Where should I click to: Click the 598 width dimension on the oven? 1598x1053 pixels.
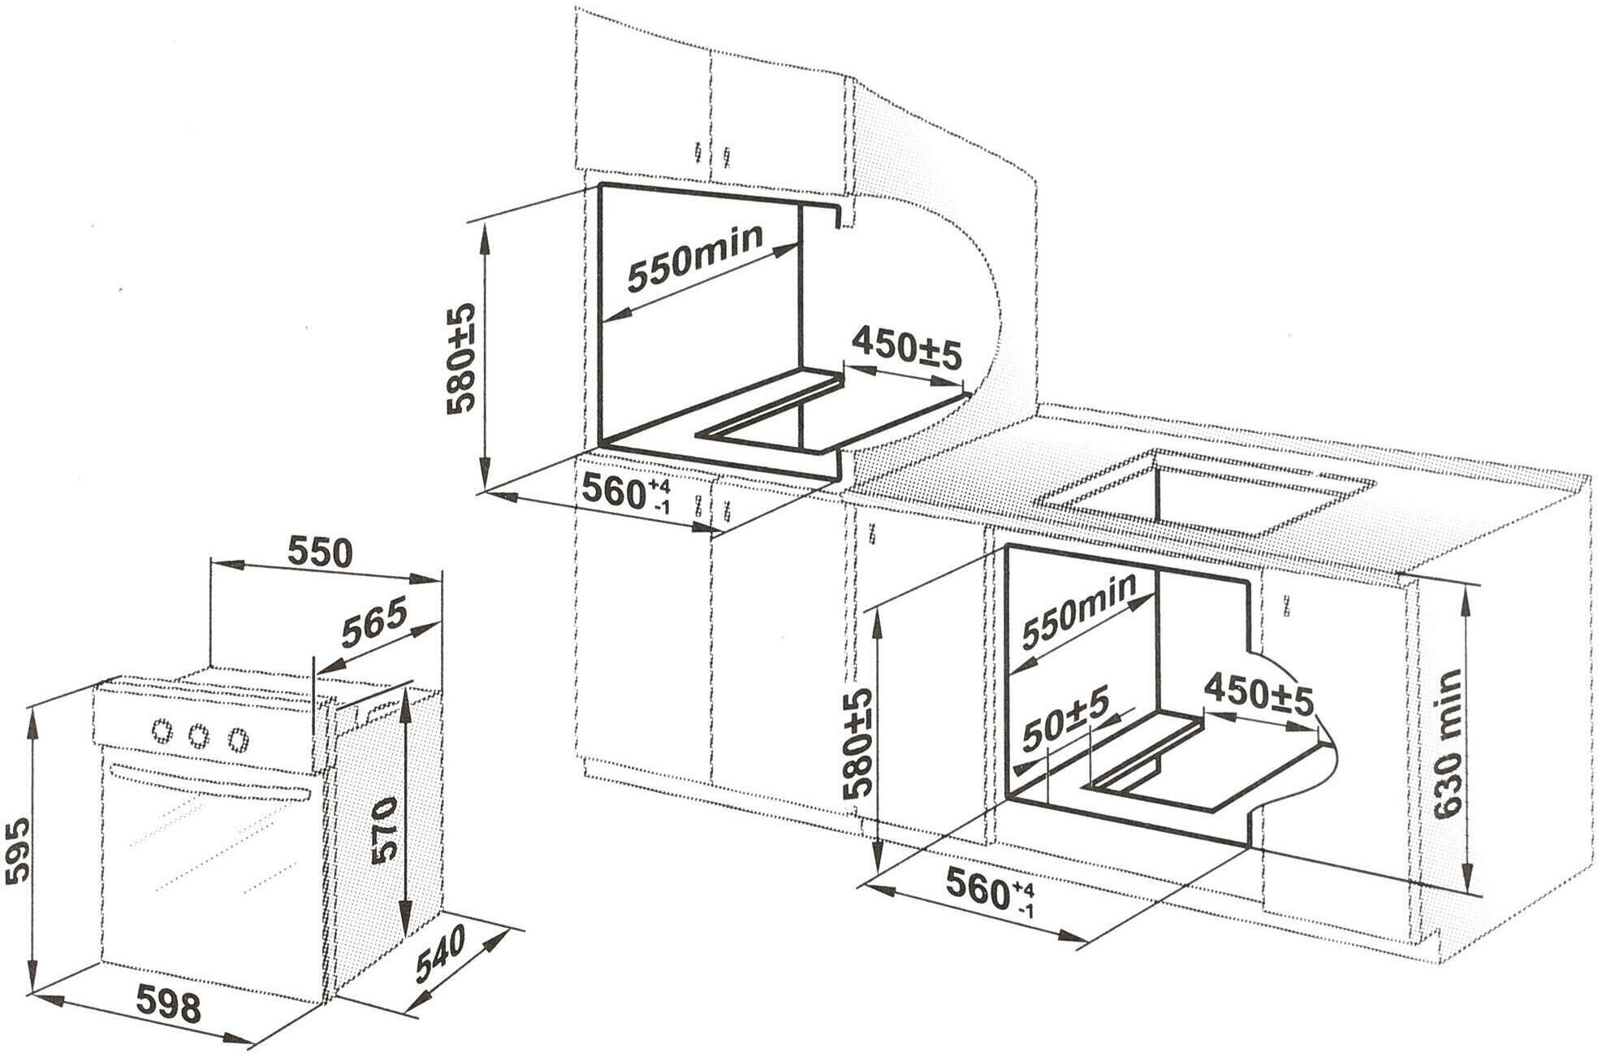pyautogui.click(x=167, y=1007)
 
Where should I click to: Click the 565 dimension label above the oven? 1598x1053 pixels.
pyautogui.click(x=373, y=622)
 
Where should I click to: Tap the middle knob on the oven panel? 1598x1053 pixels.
pyautogui.click(x=199, y=735)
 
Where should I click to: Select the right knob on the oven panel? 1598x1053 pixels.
pyautogui.click(x=237, y=739)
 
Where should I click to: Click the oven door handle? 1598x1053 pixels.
pyautogui.click(x=209, y=781)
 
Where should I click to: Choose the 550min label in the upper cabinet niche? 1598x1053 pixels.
pyautogui.click(x=695, y=258)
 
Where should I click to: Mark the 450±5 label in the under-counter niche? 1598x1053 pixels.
pyautogui.click(x=1258, y=693)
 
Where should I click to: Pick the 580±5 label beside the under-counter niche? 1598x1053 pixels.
pyautogui.click(x=857, y=741)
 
